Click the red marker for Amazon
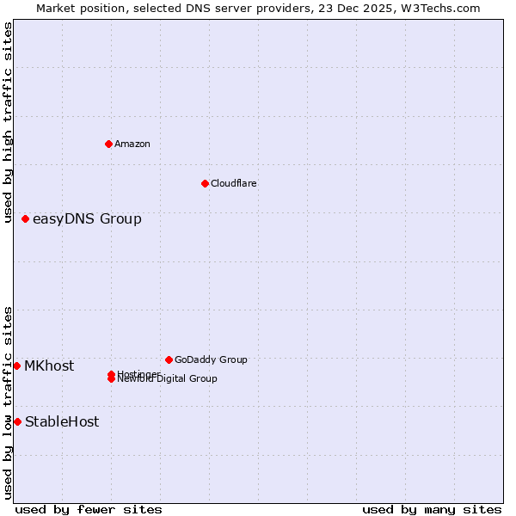tap(108, 144)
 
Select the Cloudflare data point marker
tap(205, 183)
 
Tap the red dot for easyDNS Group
tap(26, 218)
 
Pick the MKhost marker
tap(17, 365)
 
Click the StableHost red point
tap(17, 421)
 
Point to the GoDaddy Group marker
tap(169, 359)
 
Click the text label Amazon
tap(132, 144)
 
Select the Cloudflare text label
tap(233, 183)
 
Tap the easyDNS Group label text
tap(87, 218)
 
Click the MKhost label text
tap(49, 365)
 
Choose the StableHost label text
tap(62, 421)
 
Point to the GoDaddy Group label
tap(211, 359)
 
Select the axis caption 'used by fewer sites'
tap(89, 509)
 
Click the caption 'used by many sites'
tap(431, 509)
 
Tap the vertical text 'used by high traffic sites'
tap(8, 123)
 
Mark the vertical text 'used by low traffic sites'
tap(8, 402)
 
